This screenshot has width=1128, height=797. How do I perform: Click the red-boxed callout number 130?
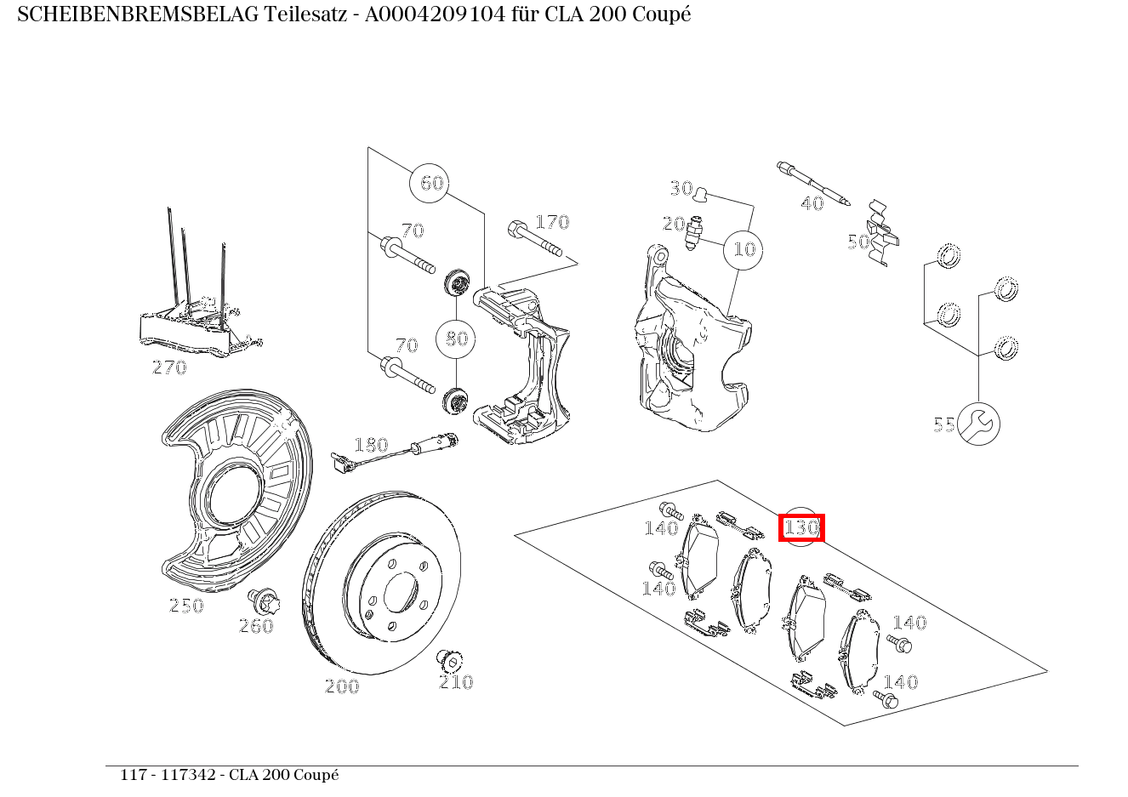801,527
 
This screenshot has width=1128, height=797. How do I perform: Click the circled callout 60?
432,183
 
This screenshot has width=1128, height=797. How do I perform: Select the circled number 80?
457,339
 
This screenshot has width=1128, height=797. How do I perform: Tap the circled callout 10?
744,249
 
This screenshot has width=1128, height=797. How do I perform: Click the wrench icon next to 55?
978,424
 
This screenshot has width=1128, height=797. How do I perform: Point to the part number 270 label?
169,367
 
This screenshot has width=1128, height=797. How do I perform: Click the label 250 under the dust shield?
186,606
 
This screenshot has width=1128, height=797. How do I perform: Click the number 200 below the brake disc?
342,686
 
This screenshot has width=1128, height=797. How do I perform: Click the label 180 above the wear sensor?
371,445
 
